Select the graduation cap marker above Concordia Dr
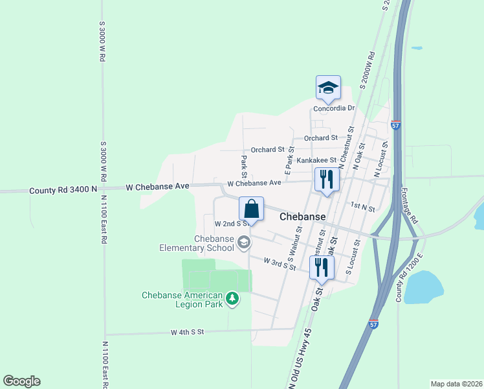pyautogui.click(x=328, y=89)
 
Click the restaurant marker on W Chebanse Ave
pyautogui.click(x=325, y=180)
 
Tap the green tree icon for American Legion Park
pyautogui.click(x=232, y=299)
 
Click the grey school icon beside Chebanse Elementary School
pyautogui.click(x=243, y=243)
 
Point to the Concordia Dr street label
pyautogui.click(x=335, y=108)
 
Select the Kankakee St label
pyautogui.click(x=316, y=160)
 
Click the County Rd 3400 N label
pyautogui.click(x=63, y=191)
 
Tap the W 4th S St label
pyautogui.click(x=187, y=332)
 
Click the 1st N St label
pyautogui.click(x=362, y=206)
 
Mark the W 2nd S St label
pyautogui.click(x=231, y=223)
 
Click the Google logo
pyautogui.click(x=21, y=381)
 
